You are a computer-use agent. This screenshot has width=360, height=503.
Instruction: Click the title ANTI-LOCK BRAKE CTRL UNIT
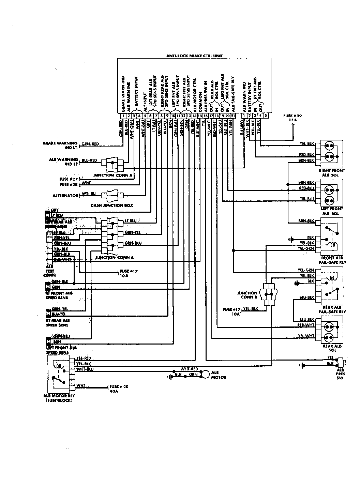(x=194, y=56)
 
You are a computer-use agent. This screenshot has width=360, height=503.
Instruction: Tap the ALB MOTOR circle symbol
(x=205, y=374)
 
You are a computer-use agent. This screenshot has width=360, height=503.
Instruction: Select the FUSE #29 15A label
(x=292, y=118)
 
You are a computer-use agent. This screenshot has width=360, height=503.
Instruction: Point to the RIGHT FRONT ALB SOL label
(x=331, y=173)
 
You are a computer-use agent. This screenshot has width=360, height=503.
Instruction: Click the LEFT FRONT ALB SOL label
(x=332, y=211)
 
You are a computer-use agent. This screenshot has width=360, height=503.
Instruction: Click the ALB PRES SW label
(x=340, y=374)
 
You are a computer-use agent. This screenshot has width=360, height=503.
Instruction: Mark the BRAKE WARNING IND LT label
(x=60, y=145)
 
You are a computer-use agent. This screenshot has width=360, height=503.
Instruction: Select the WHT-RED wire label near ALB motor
(x=189, y=369)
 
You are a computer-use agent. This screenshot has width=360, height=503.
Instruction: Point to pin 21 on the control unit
(x=232, y=116)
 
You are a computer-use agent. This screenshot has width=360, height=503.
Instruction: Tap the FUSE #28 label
(x=69, y=184)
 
